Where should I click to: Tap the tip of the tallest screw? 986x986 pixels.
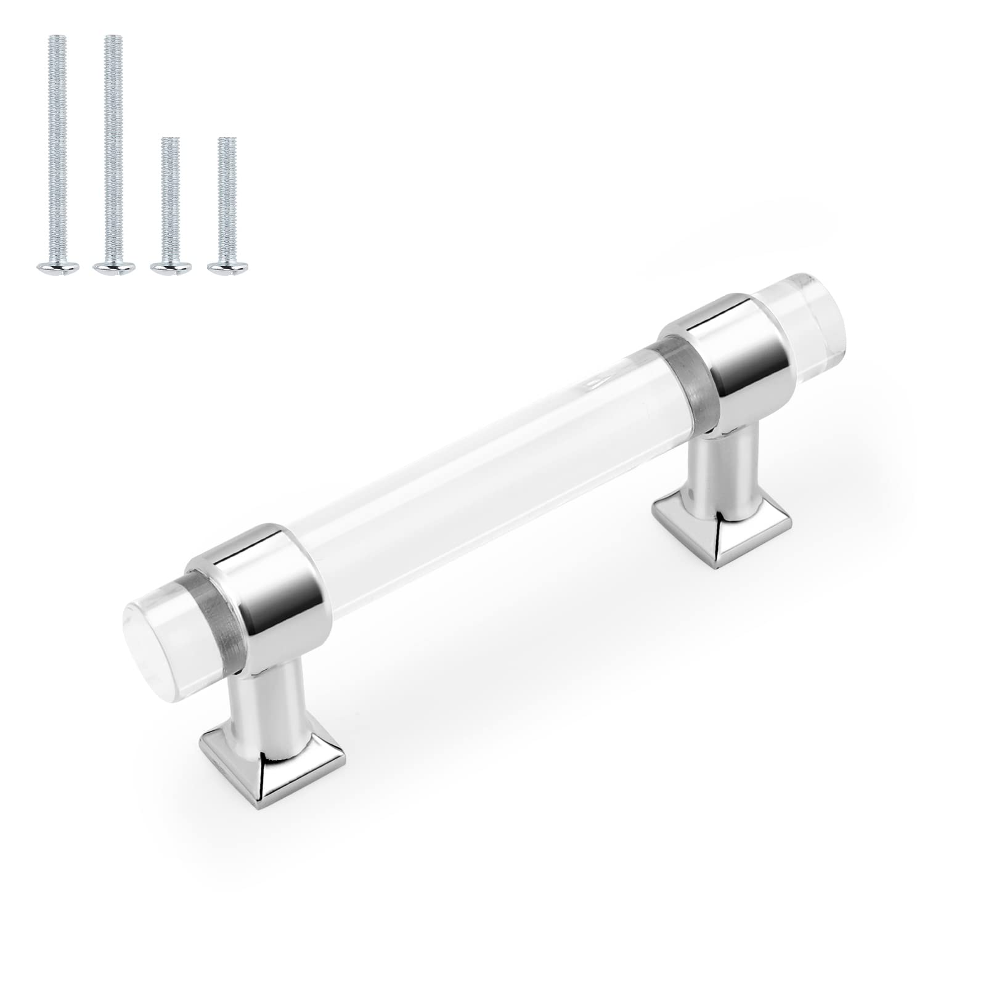112,38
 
